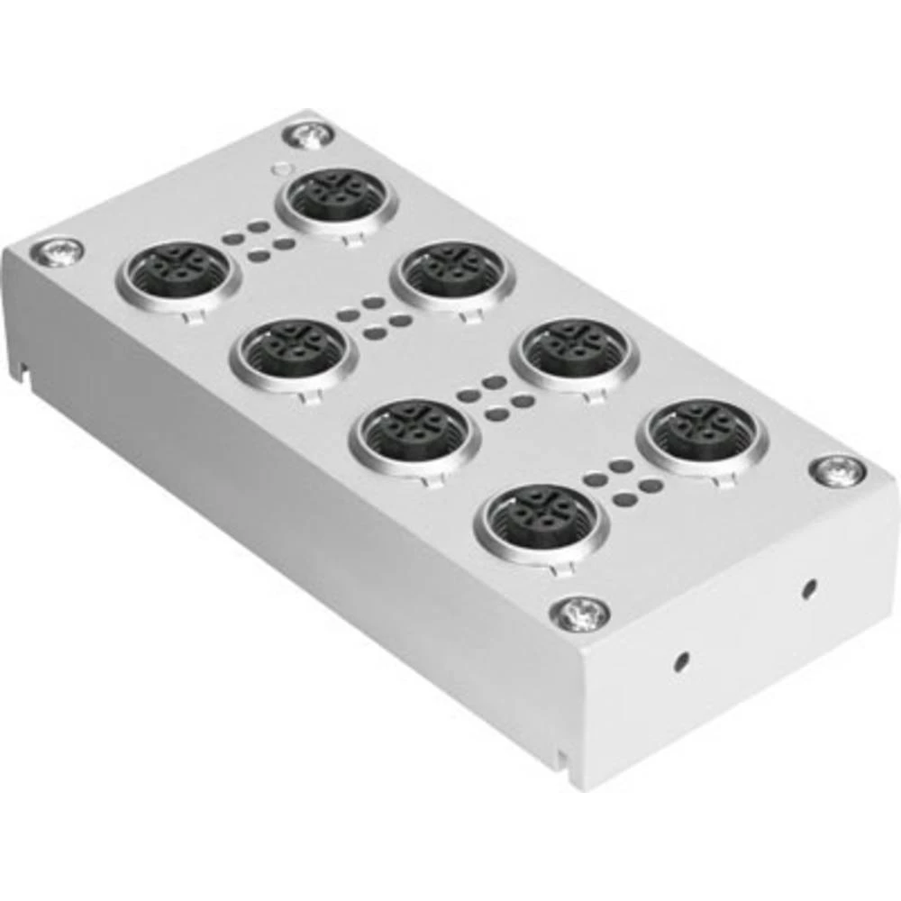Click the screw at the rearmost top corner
tap(308, 135)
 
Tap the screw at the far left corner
tap(57, 251)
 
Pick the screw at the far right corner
tap(838, 470)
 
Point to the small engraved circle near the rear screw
tap(283, 168)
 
